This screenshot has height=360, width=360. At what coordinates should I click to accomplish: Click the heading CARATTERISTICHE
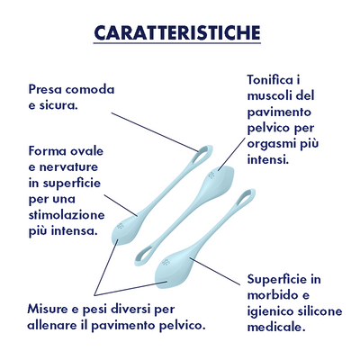pyautogui.click(x=177, y=33)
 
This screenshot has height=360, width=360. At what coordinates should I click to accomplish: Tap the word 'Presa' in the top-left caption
pyautogui.click(x=45, y=89)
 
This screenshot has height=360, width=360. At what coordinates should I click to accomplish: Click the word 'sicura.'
pyautogui.click(x=58, y=105)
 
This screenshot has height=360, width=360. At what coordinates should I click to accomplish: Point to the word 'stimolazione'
pyautogui.click(x=67, y=215)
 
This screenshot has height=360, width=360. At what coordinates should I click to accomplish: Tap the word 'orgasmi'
pyautogui.click(x=272, y=144)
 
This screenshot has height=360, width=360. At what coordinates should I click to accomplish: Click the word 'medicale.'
pyautogui.click(x=276, y=327)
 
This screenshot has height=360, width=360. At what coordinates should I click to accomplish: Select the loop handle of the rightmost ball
pyautogui.click(x=245, y=197)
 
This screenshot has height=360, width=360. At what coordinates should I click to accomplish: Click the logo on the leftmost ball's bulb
pyautogui.click(x=121, y=225)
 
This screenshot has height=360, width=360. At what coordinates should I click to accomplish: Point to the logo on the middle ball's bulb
pyautogui.click(x=211, y=175)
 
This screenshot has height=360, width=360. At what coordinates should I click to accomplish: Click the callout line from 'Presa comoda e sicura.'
pyautogui.click(x=155, y=132)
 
